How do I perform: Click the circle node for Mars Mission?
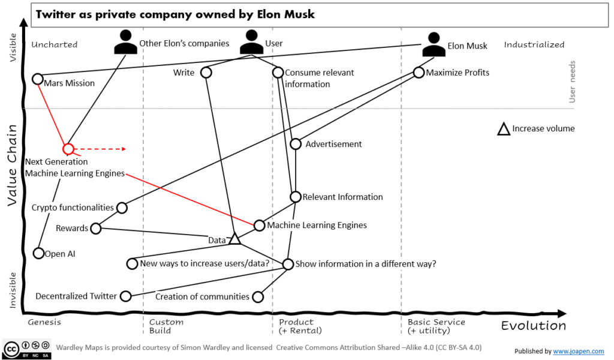[x=37, y=79]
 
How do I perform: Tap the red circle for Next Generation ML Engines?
[x=68, y=148]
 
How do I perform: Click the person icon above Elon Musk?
[x=434, y=44]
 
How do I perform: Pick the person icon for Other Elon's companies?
[x=125, y=42]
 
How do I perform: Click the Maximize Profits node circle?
[x=419, y=73]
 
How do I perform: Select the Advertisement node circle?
[x=296, y=144]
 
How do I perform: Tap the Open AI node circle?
[x=38, y=253]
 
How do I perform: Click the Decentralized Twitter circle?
[x=125, y=296]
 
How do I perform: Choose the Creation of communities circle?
[x=258, y=296]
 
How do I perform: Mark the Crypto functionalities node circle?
[x=122, y=208]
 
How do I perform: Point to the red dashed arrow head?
[x=122, y=148]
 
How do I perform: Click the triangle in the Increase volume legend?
[x=503, y=128]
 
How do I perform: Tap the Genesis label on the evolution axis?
[x=44, y=322]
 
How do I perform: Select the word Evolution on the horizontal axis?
[x=533, y=326]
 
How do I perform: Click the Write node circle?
[x=206, y=73]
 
